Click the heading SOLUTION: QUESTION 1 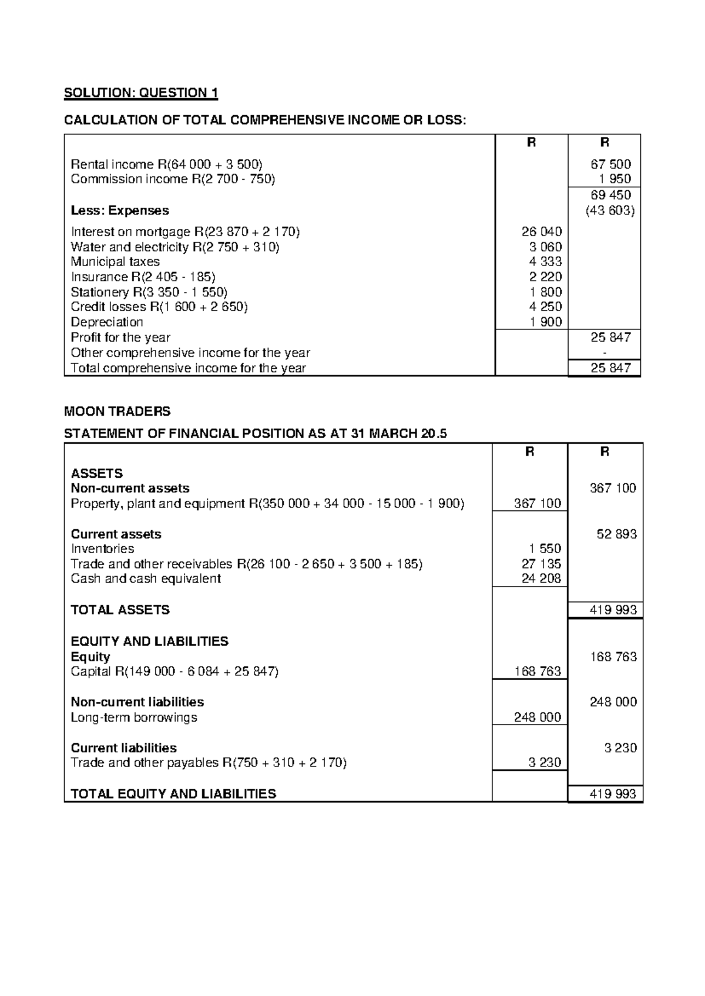pos(140,93)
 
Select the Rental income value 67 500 pos(611,164)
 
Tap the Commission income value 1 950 pos(615,179)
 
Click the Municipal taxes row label pos(115,262)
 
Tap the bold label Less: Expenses pos(119,210)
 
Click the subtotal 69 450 pos(611,195)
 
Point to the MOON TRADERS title pos(117,410)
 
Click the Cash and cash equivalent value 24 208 pos(541,578)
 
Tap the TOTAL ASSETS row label pos(120,610)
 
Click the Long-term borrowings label pos(133,717)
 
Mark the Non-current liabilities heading pos(137,702)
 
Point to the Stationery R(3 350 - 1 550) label pos(149,292)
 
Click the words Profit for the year pos(120,337)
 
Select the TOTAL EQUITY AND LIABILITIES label pos(173,794)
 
